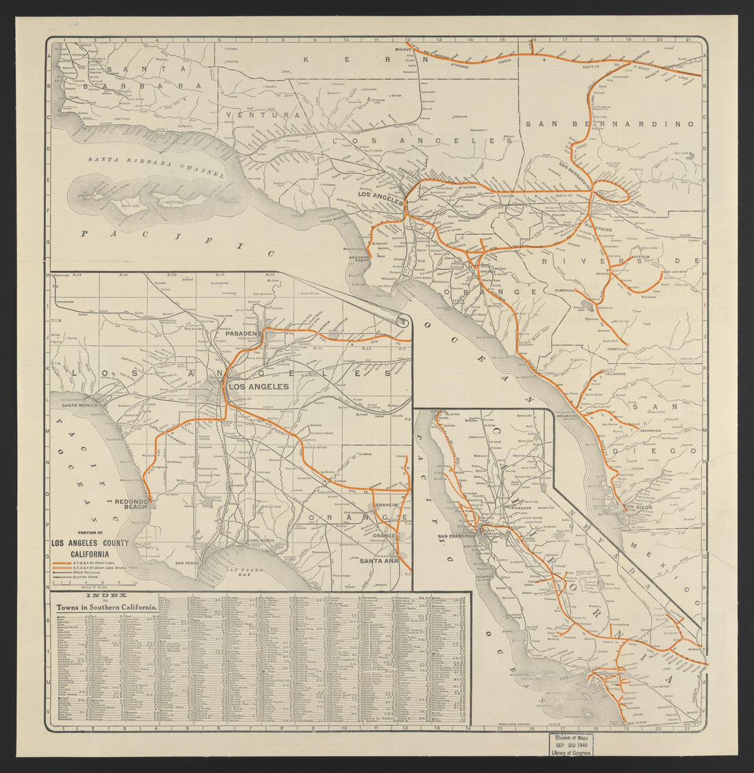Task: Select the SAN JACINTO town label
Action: point(677,272)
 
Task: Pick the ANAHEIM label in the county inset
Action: point(386,506)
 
